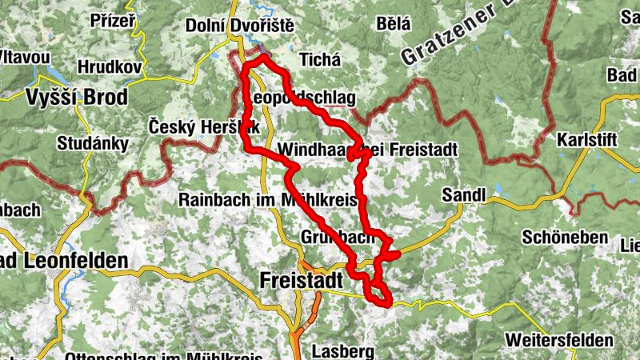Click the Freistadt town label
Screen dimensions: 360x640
[x=302, y=281]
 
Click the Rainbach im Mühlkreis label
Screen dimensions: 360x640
[x=268, y=199]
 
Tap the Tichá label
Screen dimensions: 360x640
[x=319, y=60]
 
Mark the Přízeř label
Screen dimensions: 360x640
[x=113, y=21]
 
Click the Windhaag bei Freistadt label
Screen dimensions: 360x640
[x=367, y=150]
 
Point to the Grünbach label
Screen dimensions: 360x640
[x=338, y=238]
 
